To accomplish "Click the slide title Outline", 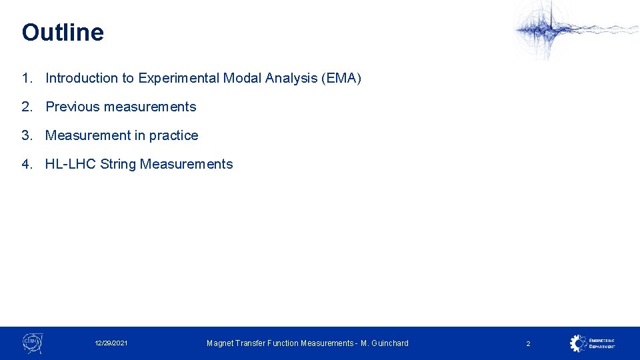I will [x=63, y=33].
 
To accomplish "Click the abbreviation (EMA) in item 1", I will [x=341, y=79].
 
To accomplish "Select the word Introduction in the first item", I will [x=81, y=79].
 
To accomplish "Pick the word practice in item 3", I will [x=174, y=136].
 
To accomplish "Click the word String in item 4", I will [x=118, y=165].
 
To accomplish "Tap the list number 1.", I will [x=26, y=79].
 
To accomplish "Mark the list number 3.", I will [x=26, y=136].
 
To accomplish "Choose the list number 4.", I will [x=26, y=165].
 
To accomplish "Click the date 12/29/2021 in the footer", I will [x=111, y=343].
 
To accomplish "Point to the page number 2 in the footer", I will [x=528, y=343].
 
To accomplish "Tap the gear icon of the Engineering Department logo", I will [x=578, y=343].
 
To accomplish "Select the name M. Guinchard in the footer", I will [x=385, y=343].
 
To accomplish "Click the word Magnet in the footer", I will [x=221, y=343].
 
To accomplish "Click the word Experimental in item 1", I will [x=179, y=79].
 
